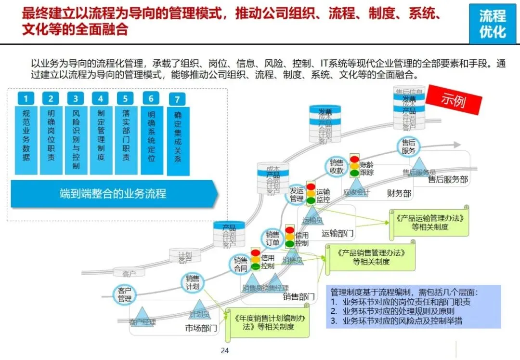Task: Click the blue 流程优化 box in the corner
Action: [492, 24]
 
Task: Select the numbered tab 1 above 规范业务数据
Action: [26, 99]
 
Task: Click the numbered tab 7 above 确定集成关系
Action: [177, 100]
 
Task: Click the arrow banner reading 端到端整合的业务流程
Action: [114, 194]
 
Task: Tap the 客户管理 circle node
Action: [125, 295]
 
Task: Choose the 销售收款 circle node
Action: [337, 166]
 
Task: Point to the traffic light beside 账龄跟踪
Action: [355, 166]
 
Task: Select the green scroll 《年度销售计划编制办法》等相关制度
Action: [270, 322]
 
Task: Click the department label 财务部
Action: [399, 193]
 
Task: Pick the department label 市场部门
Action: [201, 329]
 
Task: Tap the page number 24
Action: [224, 350]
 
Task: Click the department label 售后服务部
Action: [448, 179]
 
